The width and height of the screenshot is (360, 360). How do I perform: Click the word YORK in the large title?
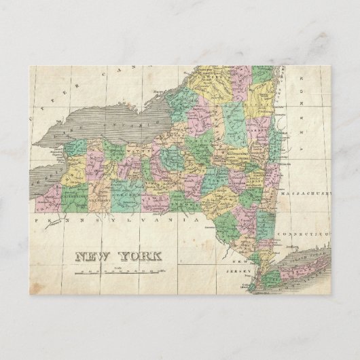141,257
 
